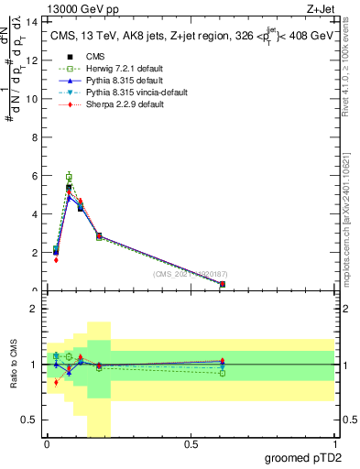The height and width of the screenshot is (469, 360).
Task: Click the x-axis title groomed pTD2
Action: [x=305, y=458]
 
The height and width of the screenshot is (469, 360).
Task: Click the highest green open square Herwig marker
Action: [x=69, y=177]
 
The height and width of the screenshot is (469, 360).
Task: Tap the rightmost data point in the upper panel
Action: [x=223, y=284]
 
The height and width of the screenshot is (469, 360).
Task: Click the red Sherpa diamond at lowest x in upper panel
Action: [x=56, y=259]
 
